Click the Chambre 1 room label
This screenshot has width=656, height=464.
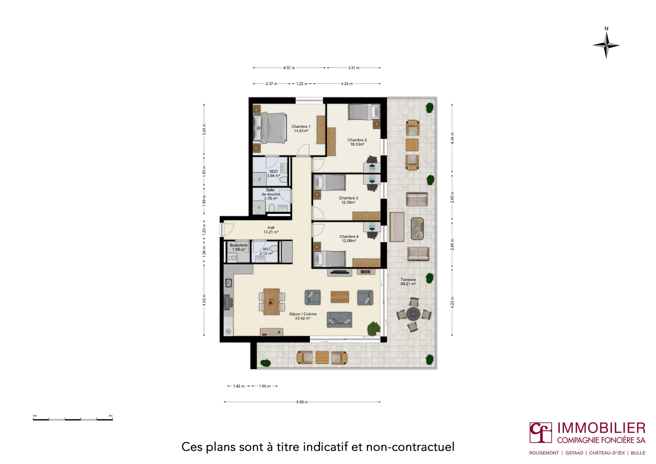301,126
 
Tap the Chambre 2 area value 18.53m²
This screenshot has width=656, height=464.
357,145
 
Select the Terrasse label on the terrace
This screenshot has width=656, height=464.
408,279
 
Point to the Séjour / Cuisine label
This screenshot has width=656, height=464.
303,314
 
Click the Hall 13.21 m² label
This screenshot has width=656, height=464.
271,230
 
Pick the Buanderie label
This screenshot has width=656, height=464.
238,245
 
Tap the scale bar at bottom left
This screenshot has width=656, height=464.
73,419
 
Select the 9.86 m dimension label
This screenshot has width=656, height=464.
302,402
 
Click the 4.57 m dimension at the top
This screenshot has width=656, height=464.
289,68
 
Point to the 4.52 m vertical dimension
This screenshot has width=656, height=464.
204,300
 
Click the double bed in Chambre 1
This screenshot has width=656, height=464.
270,128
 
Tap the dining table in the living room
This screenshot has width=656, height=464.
272,301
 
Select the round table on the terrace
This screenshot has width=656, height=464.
413,313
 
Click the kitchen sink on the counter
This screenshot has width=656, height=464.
228,283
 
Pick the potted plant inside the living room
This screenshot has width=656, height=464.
374,329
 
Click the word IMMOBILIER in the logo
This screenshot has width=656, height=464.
601,428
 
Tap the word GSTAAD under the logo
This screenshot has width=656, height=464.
574,453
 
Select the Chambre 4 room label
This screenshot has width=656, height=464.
349,236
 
